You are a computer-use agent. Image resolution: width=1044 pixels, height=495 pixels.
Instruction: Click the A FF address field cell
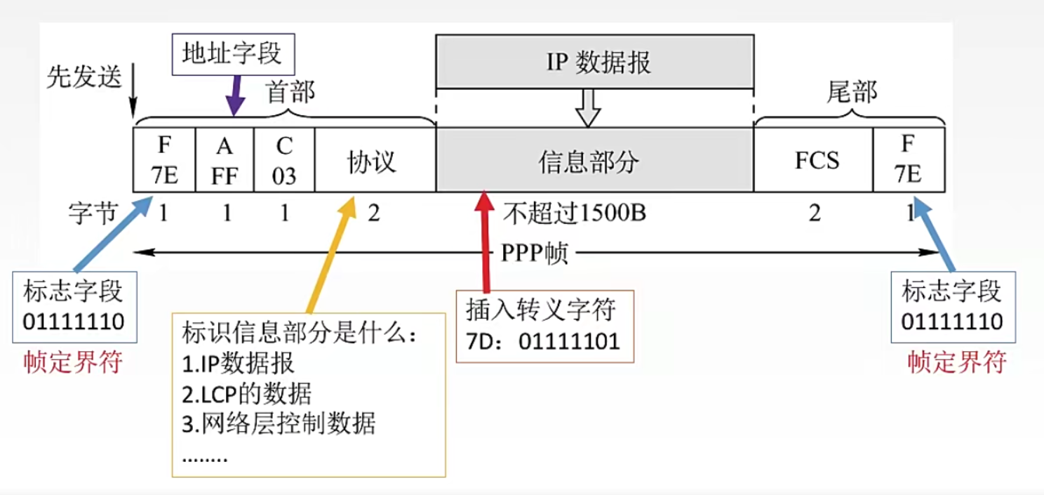[225, 160]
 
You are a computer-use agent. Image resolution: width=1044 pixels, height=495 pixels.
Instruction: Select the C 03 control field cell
[284, 160]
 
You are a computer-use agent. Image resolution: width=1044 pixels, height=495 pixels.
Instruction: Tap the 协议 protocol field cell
[374, 161]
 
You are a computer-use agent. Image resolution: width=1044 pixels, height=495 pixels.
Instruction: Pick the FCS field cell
[816, 161]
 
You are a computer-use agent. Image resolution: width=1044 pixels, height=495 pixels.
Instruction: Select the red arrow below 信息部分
[483, 239]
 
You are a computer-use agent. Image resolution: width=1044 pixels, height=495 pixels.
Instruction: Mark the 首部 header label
[290, 92]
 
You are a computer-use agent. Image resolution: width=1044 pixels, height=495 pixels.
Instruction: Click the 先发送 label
[84, 77]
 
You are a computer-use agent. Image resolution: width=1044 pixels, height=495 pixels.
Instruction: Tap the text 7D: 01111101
[543, 342]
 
